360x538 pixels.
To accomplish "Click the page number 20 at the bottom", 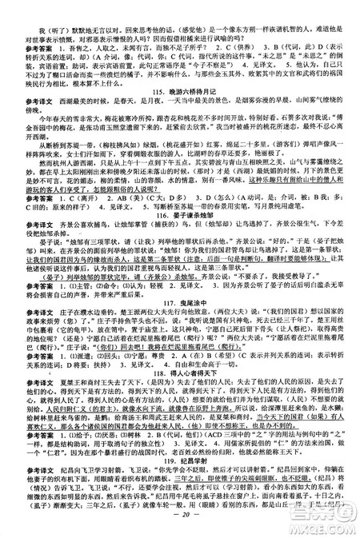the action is point(178,528).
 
